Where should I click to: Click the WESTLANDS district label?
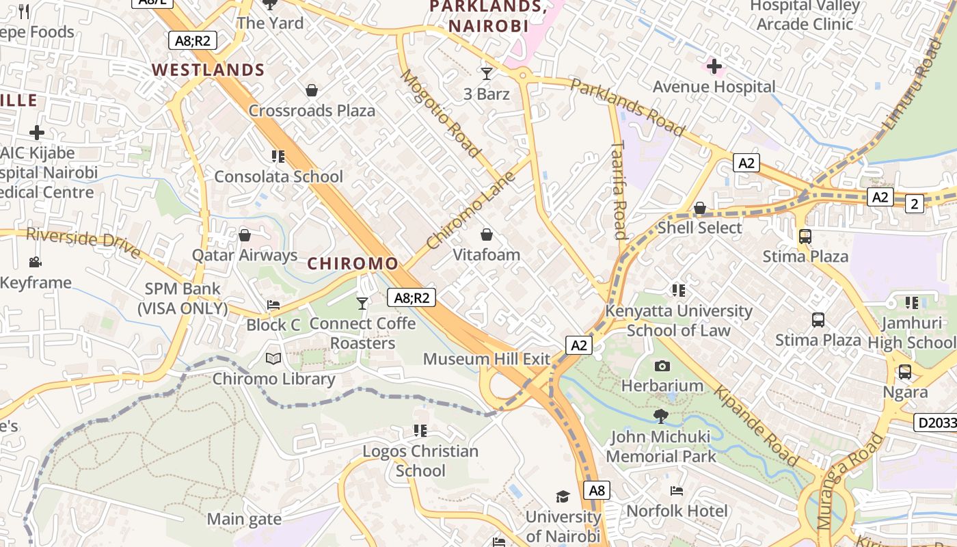click(x=208, y=70)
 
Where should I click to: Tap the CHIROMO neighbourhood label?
click(x=353, y=263)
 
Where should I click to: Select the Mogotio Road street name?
click(x=441, y=114)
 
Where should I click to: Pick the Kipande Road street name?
click(x=756, y=426)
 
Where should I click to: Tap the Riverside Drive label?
click(x=83, y=243)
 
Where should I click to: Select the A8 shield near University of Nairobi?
click(x=597, y=490)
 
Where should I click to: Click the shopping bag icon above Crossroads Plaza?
click(x=312, y=90)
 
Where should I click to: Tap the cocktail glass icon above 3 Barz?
click(x=487, y=73)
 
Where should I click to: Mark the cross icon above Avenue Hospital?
click(x=714, y=66)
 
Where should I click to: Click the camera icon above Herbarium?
click(x=662, y=366)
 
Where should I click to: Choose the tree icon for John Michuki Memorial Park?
click(x=660, y=416)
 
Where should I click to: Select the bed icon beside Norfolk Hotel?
click(x=677, y=491)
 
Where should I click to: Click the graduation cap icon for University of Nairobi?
click(x=563, y=496)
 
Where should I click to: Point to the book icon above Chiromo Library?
click(x=273, y=358)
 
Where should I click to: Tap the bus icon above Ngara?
click(x=905, y=372)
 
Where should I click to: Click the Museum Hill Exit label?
click(x=487, y=359)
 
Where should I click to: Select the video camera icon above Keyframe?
click(x=36, y=262)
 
